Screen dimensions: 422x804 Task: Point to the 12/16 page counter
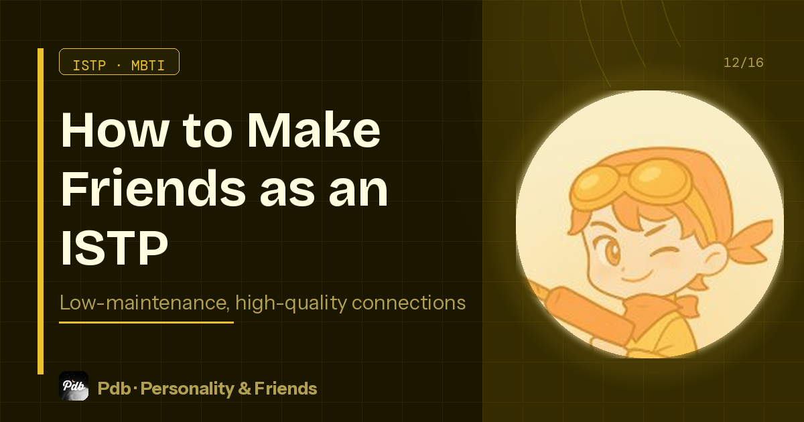pyautogui.click(x=743, y=63)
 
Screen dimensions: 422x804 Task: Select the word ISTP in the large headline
pyautogui.click(x=114, y=248)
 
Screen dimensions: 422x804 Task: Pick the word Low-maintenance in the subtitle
pyautogui.click(x=143, y=303)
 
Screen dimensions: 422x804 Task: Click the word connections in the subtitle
pyautogui.click(x=408, y=303)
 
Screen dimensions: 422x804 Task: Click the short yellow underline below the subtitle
pyautogui.click(x=146, y=322)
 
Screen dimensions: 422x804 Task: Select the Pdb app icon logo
pyautogui.click(x=74, y=386)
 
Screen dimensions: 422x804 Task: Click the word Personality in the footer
pyautogui.click(x=182, y=389)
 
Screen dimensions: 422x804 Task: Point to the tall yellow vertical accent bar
pyautogui.click(x=41, y=211)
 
